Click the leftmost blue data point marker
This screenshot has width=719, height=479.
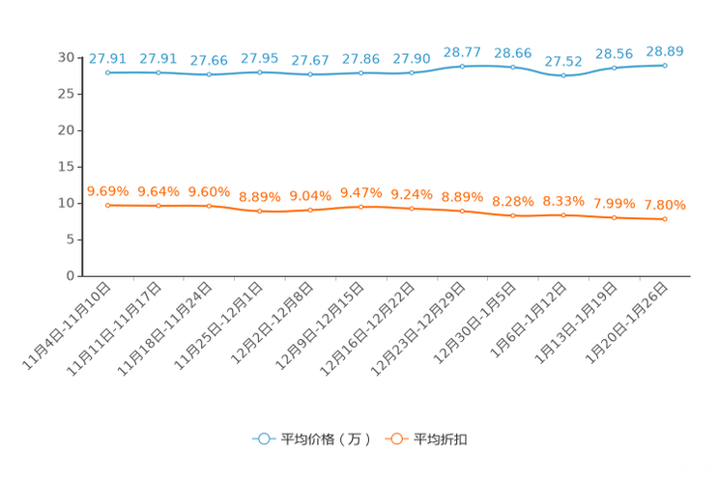pyautogui.click(x=108, y=72)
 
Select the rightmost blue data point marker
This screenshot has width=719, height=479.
pyautogui.click(x=665, y=66)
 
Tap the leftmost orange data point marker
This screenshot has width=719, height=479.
pyautogui.click(x=108, y=206)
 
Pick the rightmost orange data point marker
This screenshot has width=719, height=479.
pyautogui.click(x=665, y=219)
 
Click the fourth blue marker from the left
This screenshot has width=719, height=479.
pyautogui.click(x=260, y=72)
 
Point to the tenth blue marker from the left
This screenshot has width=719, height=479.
pyautogui.click(x=563, y=75)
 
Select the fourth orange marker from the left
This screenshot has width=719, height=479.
pyautogui.click(x=260, y=211)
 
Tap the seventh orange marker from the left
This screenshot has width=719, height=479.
pyautogui.click(x=412, y=209)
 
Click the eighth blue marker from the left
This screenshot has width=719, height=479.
pyautogui.click(x=463, y=66)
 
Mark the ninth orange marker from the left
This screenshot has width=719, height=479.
pyautogui.click(x=513, y=215)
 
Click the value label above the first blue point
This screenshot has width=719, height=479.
pyautogui.click(x=106, y=58)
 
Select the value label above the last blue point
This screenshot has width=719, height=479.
pyautogui.click(x=665, y=50)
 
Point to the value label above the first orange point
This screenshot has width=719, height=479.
pyautogui.click(x=107, y=190)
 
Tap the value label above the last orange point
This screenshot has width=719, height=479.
pyautogui.click(x=665, y=204)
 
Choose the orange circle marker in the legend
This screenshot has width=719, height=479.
pyautogui.click(x=395, y=438)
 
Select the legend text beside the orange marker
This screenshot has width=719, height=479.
pyautogui.click(x=441, y=439)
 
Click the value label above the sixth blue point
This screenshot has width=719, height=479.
pyautogui.click(x=361, y=59)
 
